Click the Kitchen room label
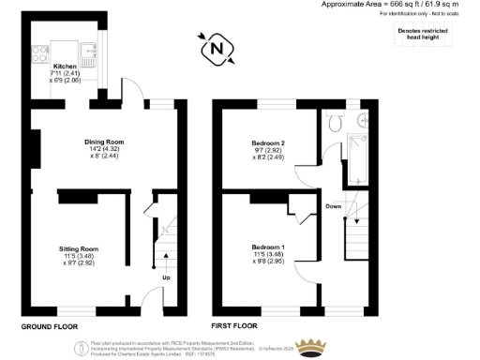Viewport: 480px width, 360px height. [x=64, y=67]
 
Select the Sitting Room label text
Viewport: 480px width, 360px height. [x=90, y=248]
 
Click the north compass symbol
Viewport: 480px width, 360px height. [x=217, y=48]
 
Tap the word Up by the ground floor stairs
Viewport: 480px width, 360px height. [x=166, y=278]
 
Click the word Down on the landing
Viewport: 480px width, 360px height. [x=334, y=205]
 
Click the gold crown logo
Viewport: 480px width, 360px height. [x=314, y=348]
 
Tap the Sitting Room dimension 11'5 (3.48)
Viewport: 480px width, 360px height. [x=90, y=256]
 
